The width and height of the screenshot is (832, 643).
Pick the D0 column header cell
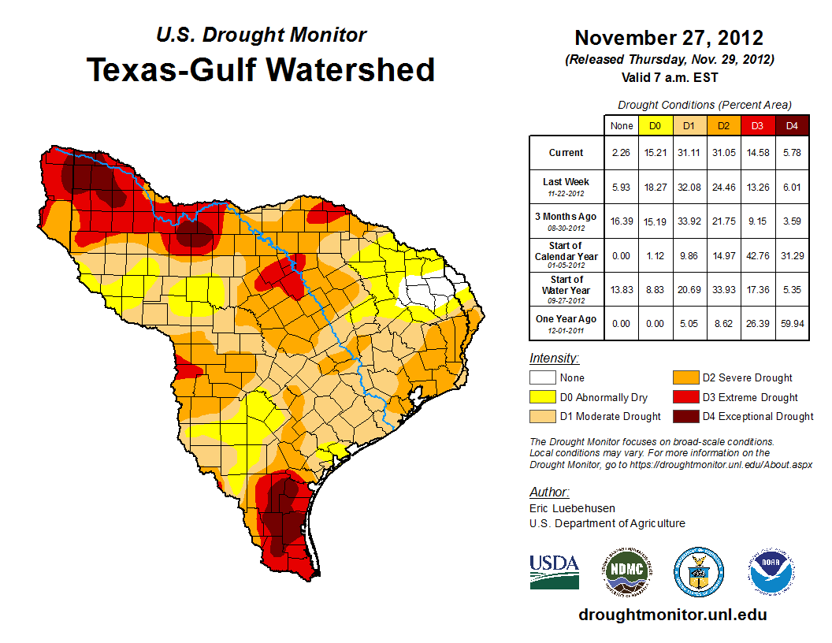(x=655, y=125)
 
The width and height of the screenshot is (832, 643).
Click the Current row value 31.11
(x=689, y=153)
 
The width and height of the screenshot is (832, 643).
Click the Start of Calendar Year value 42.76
(x=757, y=256)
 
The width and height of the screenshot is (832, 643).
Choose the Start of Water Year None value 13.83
(x=622, y=290)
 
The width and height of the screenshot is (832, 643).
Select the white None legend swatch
(x=542, y=378)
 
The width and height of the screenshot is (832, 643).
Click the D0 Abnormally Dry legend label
(x=604, y=397)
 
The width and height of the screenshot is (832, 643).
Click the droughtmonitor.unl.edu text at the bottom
(x=672, y=615)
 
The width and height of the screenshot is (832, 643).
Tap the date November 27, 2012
(x=668, y=38)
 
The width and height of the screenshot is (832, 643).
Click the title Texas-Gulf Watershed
(x=260, y=69)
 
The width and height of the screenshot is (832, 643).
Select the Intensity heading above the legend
(x=554, y=359)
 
